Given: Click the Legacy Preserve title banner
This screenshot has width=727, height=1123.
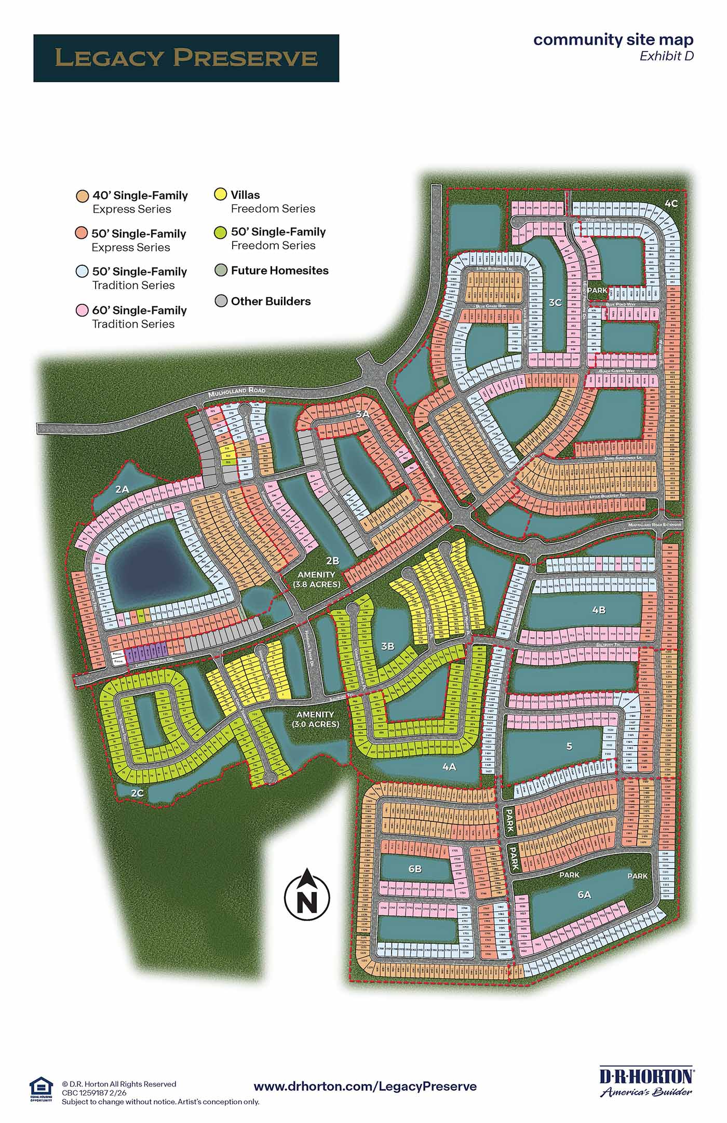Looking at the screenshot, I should pos(186,58).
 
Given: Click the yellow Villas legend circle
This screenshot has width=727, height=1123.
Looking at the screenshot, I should pos(221,195).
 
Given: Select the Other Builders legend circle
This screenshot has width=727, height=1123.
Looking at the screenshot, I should pos(221,301).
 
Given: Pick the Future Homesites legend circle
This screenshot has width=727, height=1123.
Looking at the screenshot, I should pos(221,270).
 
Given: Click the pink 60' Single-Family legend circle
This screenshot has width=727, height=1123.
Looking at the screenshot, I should pos(82,310).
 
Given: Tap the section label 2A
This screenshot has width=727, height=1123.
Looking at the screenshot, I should pos(122,489).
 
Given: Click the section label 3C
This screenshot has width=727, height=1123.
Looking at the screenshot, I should pos(555,303).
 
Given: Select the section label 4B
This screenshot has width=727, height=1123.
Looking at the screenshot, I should pos(599,610).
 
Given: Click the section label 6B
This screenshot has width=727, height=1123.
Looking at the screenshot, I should pos(415,869).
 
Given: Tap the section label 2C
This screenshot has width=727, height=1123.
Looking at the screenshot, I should pos(137,793).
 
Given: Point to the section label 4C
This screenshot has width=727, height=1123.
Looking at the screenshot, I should pos(671,204).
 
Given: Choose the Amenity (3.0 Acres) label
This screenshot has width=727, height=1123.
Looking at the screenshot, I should pos(315,720).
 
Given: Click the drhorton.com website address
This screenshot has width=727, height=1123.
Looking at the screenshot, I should pos(365,1086).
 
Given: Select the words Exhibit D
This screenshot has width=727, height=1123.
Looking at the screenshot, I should pos(666,56).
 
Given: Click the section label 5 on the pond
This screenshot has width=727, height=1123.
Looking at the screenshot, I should pos(569,746).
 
